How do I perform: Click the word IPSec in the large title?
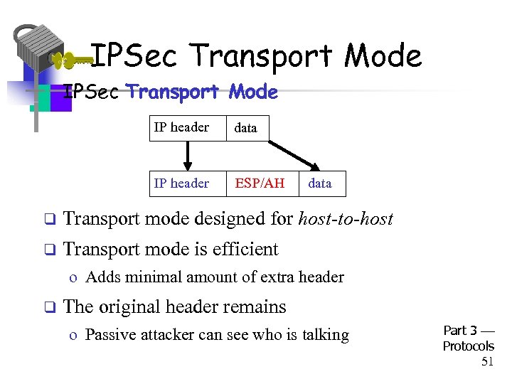click(x=135, y=55)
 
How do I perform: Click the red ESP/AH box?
click(x=260, y=183)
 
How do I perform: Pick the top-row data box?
click(x=246, y=128)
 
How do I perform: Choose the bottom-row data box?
click(x=320, y=183)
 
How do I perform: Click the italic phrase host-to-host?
click(x=346, y=219)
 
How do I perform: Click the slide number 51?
click(x=487, y=362)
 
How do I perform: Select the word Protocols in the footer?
click(x=468, y=346)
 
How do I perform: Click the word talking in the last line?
click(x=324, y=335)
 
